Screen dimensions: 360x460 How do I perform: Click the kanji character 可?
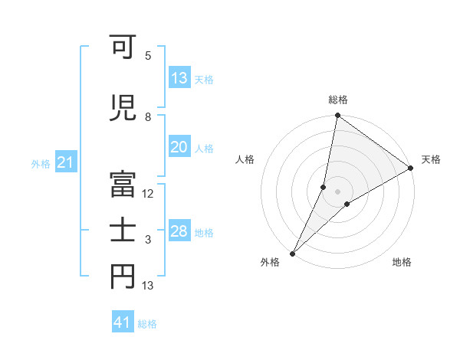[x=123, y=48]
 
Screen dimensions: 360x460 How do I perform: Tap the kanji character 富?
[x=123, y=181]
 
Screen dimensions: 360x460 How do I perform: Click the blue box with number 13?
[x=179, y=78]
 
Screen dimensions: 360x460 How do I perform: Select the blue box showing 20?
[x=179, y=148]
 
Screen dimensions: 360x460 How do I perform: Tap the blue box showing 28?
[x=179, y=231]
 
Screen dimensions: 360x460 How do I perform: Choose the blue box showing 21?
[x=65, y=163]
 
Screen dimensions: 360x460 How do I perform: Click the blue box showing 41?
[x=123, y=322]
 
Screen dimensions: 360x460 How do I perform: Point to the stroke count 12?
[x=148, y=194]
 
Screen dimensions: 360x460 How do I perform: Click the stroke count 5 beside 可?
[x=148, y=56]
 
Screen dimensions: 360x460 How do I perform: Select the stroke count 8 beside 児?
[x=148, y=117]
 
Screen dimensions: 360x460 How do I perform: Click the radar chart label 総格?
[x=337, y=100]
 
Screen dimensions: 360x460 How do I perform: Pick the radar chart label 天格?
[x=431, y=159]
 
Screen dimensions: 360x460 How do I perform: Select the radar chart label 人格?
[x=245, y=159]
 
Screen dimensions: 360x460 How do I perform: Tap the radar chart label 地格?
[x=402, y=263]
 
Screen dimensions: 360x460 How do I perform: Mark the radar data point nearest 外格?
[x=292, y=253]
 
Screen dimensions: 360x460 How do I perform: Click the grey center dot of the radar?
[x=337, y=191]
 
